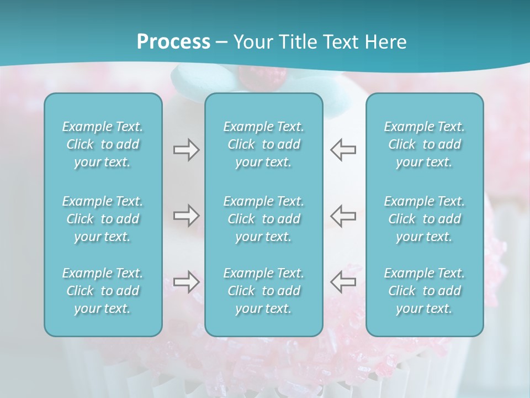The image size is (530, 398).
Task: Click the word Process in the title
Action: pos(173,42)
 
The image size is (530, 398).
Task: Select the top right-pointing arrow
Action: pos(186,150)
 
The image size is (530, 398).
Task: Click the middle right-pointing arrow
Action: pos(186,216)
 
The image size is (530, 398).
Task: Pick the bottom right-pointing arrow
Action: pos(186,281)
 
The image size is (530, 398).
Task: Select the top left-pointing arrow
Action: pos(343,150)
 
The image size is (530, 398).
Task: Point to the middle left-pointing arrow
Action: pos(343,216)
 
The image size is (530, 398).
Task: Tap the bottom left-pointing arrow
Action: pos(343,281)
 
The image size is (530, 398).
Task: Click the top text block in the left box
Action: pos(103,144)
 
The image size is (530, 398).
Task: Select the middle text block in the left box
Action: pos(103,219)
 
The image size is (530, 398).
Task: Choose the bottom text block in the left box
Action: pos(103,291)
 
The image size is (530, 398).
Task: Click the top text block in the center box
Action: pos(263,144)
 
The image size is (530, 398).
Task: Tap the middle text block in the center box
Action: pos(263,219)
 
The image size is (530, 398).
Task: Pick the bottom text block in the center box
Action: pos(263,291)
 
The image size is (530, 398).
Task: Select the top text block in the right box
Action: pos(424,144)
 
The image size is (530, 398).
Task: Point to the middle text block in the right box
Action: pos(424,219)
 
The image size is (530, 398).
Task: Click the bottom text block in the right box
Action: pos(424,291)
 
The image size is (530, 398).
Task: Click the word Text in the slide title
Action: pos(342,42)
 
